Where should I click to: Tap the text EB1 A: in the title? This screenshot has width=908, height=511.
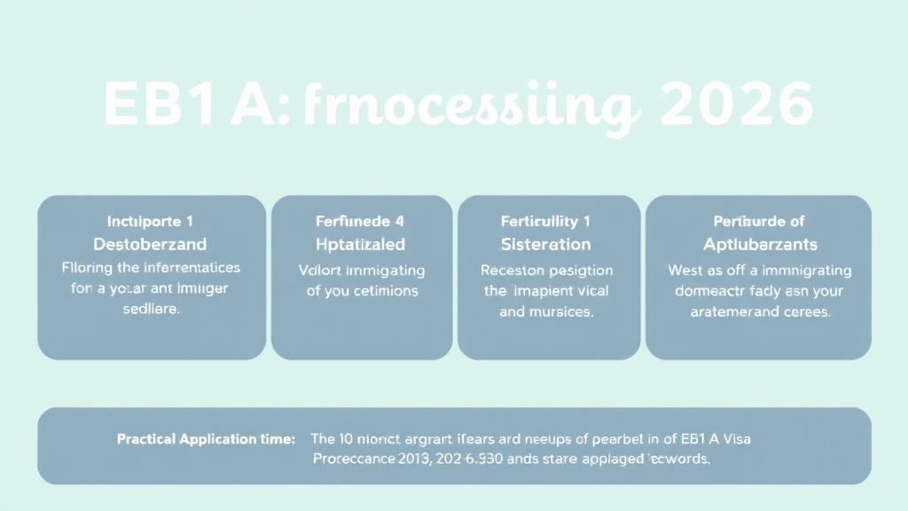[191, 106]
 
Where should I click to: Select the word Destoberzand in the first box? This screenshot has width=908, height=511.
[150, 243]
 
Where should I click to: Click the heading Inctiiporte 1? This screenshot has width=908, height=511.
[150, 221]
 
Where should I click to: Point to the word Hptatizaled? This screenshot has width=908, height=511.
[361, 243]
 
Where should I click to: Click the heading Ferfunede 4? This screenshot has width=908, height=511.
[361, 221]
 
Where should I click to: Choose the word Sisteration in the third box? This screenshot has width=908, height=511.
[545, 243]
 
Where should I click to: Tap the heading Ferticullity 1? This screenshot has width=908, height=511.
[545, 221]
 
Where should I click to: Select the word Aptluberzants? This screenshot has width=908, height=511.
[759, 243]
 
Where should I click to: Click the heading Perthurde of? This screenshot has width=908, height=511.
[759, 221]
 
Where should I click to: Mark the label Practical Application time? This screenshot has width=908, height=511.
[205, 439]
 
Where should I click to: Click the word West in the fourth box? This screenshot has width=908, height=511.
[685, 271]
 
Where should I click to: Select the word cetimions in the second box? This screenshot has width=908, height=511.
[385, 290]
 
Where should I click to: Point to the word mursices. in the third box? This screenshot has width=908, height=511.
[560, 312]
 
